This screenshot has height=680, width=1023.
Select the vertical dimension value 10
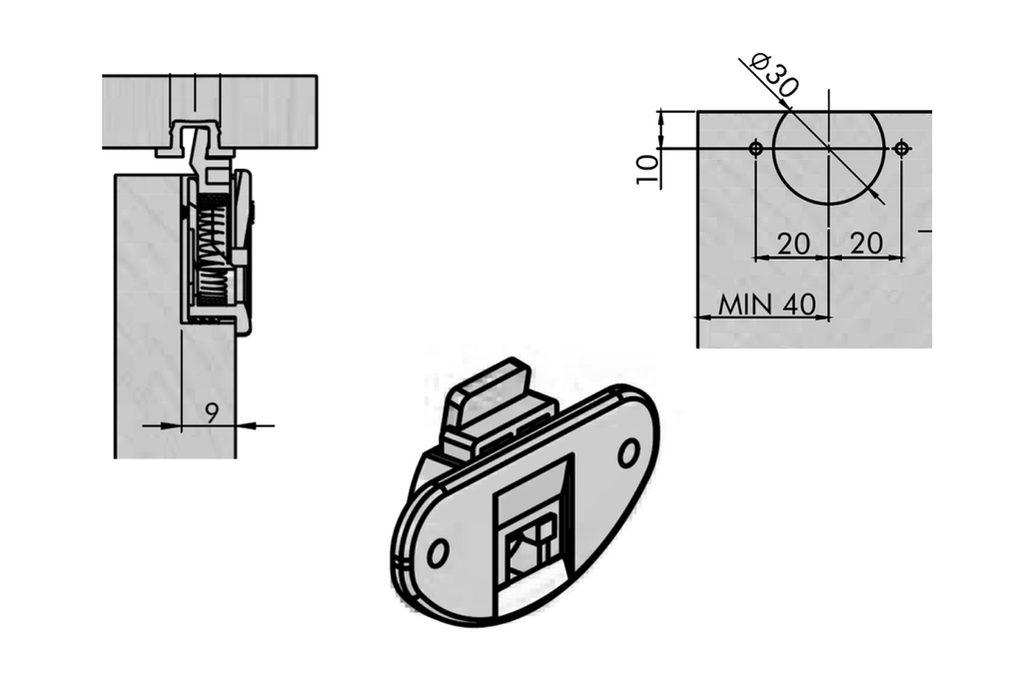[x=647, y=168]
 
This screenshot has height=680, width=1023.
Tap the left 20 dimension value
[x=792, y=243]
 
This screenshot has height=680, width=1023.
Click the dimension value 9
[x=211, y=411]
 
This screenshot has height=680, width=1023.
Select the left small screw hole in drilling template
[x=756, y=149]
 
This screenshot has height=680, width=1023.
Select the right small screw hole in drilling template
[x=902, y=149]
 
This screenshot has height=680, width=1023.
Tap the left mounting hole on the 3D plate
[x=438, y=552]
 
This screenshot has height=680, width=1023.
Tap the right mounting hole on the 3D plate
[x=628, y=453]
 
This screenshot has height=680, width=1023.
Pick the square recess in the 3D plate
[x=534, y=539]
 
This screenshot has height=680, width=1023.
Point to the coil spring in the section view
[x=210, y=250]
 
